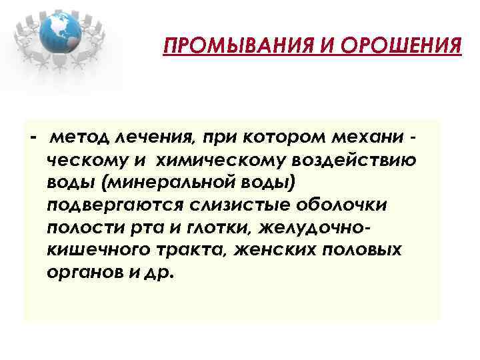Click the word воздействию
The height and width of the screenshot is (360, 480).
click(354, 161)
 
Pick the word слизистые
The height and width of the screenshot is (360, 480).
click(243, 205)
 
